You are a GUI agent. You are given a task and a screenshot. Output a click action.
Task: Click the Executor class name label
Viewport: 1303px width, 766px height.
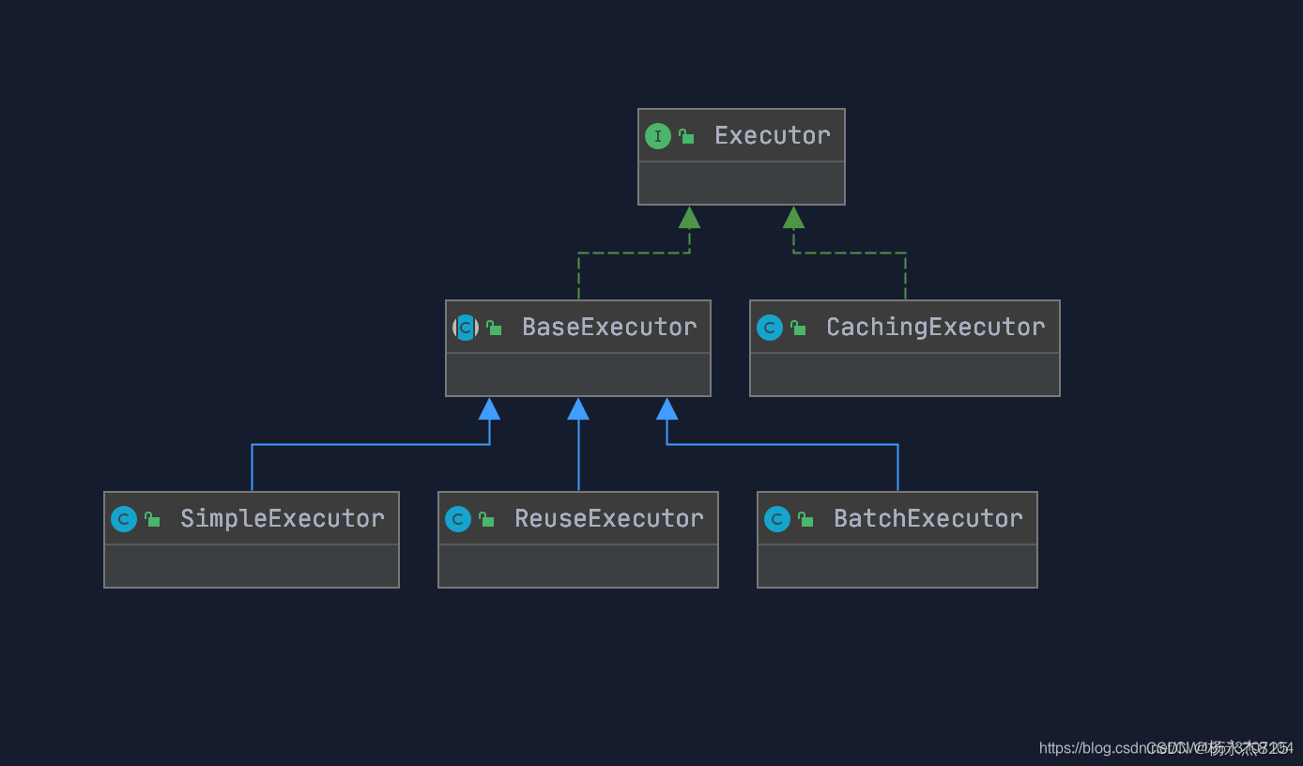[x=772, y=136]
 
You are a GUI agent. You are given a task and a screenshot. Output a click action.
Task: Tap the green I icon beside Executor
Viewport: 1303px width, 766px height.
[x=658, y=136]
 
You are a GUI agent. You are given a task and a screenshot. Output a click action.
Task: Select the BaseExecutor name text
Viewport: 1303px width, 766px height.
[x=609, y=328]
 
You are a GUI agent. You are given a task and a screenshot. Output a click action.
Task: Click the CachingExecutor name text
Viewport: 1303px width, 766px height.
[x=935, y=328]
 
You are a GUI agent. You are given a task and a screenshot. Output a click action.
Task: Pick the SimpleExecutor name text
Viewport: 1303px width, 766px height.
[x=283, y=519]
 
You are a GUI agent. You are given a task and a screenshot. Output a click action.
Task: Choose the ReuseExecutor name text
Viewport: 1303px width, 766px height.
[x=609, y=519]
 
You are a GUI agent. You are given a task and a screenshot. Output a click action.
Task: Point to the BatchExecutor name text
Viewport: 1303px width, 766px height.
[x=928, y=519]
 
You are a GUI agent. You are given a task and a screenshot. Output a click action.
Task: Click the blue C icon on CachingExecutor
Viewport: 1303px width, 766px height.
[x=770, y=328]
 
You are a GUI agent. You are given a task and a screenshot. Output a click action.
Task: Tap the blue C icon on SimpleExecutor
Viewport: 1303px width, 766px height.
[x=124, y=519]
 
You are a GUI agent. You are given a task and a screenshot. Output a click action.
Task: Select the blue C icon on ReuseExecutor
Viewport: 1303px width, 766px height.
[x=458, y=519]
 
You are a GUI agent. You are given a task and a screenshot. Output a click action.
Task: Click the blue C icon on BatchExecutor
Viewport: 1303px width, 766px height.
[x=777, y=519]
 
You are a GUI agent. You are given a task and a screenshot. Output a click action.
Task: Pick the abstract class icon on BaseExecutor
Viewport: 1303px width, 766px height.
[x=466, y=328]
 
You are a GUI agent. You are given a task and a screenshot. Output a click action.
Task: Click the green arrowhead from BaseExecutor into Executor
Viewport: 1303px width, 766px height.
[x=689, y=218]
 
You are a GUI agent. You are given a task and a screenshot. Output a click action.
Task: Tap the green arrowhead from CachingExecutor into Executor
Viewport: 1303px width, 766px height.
[x=793, y=218]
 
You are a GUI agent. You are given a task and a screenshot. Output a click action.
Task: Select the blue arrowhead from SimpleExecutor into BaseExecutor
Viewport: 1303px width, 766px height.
[x=489, y=409]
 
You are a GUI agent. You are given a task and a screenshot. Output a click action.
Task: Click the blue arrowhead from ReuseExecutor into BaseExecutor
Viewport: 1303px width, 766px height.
[x=578, y=409]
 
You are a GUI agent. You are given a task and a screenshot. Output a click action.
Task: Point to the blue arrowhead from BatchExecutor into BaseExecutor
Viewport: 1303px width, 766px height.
[x=667, y=409]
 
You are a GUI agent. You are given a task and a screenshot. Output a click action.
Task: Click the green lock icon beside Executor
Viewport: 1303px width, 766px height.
[x=687, y=137]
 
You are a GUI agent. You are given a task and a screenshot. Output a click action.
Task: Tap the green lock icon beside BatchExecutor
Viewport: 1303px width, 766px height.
[x=805, y=520]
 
